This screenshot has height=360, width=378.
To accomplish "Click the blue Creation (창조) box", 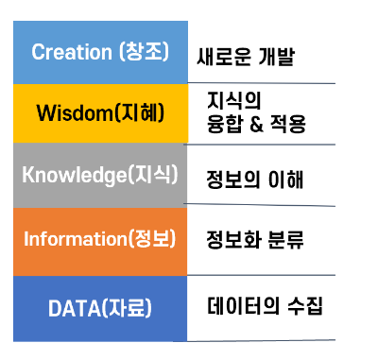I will point(100,51).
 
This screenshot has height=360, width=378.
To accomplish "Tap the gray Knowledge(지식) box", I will point(100,176).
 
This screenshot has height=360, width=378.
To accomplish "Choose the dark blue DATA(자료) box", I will point(100,307).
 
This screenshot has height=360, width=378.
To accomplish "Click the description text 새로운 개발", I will point(246,57).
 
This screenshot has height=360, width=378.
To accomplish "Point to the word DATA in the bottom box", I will point(72,308).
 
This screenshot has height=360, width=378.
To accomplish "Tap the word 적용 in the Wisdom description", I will point(288,123).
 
